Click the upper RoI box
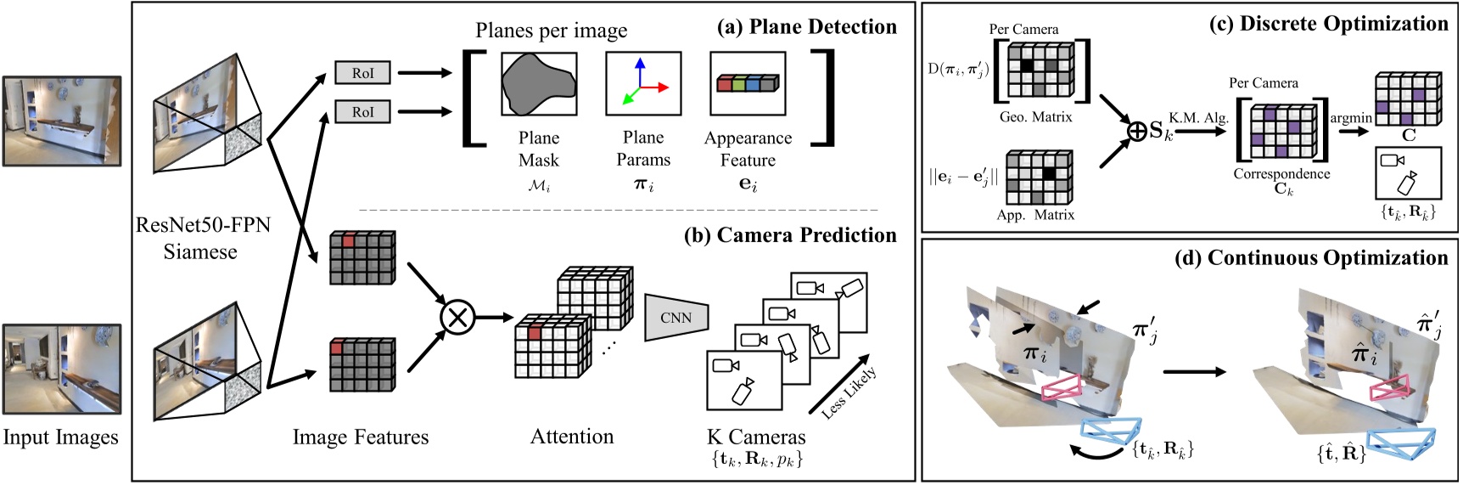point(362,73)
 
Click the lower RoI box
point(362,111)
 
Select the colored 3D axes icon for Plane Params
point(642,84)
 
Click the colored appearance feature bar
point(747,84)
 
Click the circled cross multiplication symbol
point(457,319)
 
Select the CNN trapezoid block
point(676,317)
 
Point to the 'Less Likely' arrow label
point(849,392)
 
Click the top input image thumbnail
point(61,120)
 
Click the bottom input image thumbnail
point(61,370)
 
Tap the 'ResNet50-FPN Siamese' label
point(202,239)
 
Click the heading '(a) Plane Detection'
point(806,27)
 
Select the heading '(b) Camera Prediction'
point(789,235)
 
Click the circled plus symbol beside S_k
point(1137,131)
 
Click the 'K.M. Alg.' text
point(1198,118)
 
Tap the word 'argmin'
point(1351,118)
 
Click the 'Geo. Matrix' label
point(1035,117)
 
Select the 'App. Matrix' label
point(1035,216)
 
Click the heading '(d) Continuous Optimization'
point(1311,258)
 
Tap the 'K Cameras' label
point(755,437)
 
